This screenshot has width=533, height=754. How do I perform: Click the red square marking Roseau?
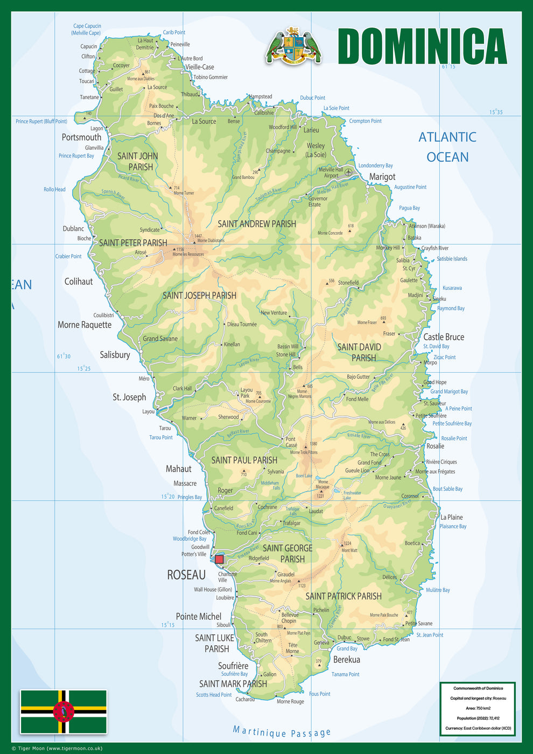(x=219, y=559)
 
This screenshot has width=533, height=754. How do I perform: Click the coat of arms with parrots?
(x=293, y=46)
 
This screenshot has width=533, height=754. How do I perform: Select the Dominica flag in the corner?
(x=64, y=711)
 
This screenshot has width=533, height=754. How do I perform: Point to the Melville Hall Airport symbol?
(x=348, y=172)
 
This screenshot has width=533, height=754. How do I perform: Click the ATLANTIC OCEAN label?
(x=447, y=147)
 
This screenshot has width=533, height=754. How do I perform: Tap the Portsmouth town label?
(x=81, y=137)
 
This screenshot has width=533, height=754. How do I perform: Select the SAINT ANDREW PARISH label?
(x=257, y=224)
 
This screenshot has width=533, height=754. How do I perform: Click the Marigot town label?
(x=382, y=177)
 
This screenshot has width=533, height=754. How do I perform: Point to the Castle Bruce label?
(x=443, y=337)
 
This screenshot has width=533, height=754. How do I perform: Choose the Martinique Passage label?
(x=282, y=732)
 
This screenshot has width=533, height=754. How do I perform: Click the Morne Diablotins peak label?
(x=211, y=241)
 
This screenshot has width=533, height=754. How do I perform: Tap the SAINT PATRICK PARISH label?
(x=343, y=596)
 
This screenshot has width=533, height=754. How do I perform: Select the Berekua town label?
(x=347, y=660)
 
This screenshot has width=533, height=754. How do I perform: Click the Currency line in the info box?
(x=478, y=728)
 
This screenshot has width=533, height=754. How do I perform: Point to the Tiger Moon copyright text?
(x=57, y=748)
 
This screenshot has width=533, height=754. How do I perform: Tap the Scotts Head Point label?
(x=214, y=695)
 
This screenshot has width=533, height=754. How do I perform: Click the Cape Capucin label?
(x=87, y=29)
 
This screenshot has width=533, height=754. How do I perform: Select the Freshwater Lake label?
(x=352, y=495)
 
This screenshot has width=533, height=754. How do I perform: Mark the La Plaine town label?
(x=451, y=517)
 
